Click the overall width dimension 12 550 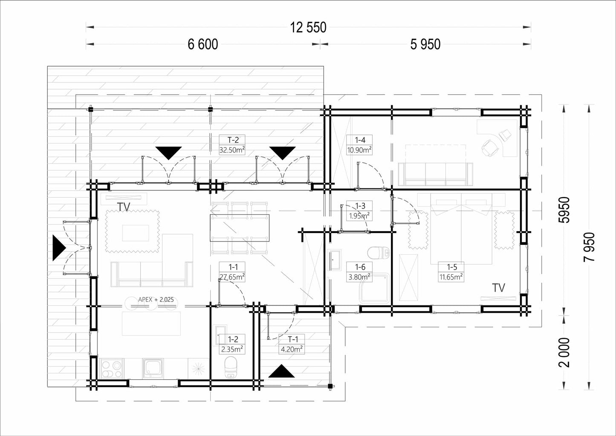308,28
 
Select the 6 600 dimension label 202,44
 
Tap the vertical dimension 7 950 589,247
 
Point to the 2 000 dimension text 564,353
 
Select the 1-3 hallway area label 359,211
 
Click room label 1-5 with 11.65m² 451,272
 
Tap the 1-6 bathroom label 359,272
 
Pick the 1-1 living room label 232,272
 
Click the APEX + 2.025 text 156,299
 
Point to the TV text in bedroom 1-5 499,288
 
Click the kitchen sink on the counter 153,368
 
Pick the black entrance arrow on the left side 59,248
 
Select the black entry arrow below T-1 281,371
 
